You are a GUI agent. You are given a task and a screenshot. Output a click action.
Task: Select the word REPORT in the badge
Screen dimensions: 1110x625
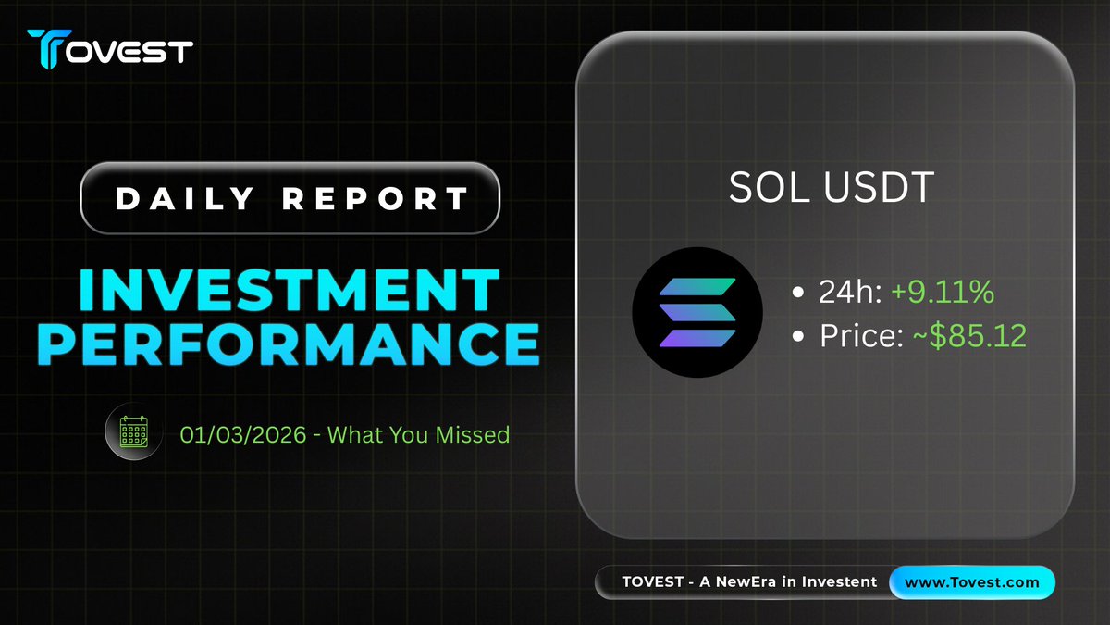click(376, 198)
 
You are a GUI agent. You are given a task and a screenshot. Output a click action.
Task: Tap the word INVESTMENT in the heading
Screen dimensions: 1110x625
click(289, 290)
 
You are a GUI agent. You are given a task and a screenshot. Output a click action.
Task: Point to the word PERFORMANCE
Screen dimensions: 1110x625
click(289, 344)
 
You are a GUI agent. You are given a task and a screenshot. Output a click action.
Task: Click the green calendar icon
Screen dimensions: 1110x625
click(134, 431)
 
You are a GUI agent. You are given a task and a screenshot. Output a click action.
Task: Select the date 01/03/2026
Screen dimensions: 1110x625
click(242, 435)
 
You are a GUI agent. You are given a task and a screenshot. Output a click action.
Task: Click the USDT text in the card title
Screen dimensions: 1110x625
click(879, 187)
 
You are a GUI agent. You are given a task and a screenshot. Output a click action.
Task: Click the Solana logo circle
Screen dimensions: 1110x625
click(697, 313)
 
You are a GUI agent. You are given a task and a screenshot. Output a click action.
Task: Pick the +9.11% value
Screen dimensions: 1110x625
click(943, 292)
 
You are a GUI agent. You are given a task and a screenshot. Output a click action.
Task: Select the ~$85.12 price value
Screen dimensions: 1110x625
click(969, 336)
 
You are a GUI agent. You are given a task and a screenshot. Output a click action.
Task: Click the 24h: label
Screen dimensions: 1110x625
click(850, 292)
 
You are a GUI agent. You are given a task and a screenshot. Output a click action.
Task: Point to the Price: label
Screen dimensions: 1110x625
click(862, 336)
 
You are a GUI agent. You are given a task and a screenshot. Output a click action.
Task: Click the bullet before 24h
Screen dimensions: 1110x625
click(797, 293)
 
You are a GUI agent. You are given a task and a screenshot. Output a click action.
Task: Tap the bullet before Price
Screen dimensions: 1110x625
click(797, 336)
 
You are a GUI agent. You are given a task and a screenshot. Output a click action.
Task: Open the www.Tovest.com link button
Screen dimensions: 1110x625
click(972, 582)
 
